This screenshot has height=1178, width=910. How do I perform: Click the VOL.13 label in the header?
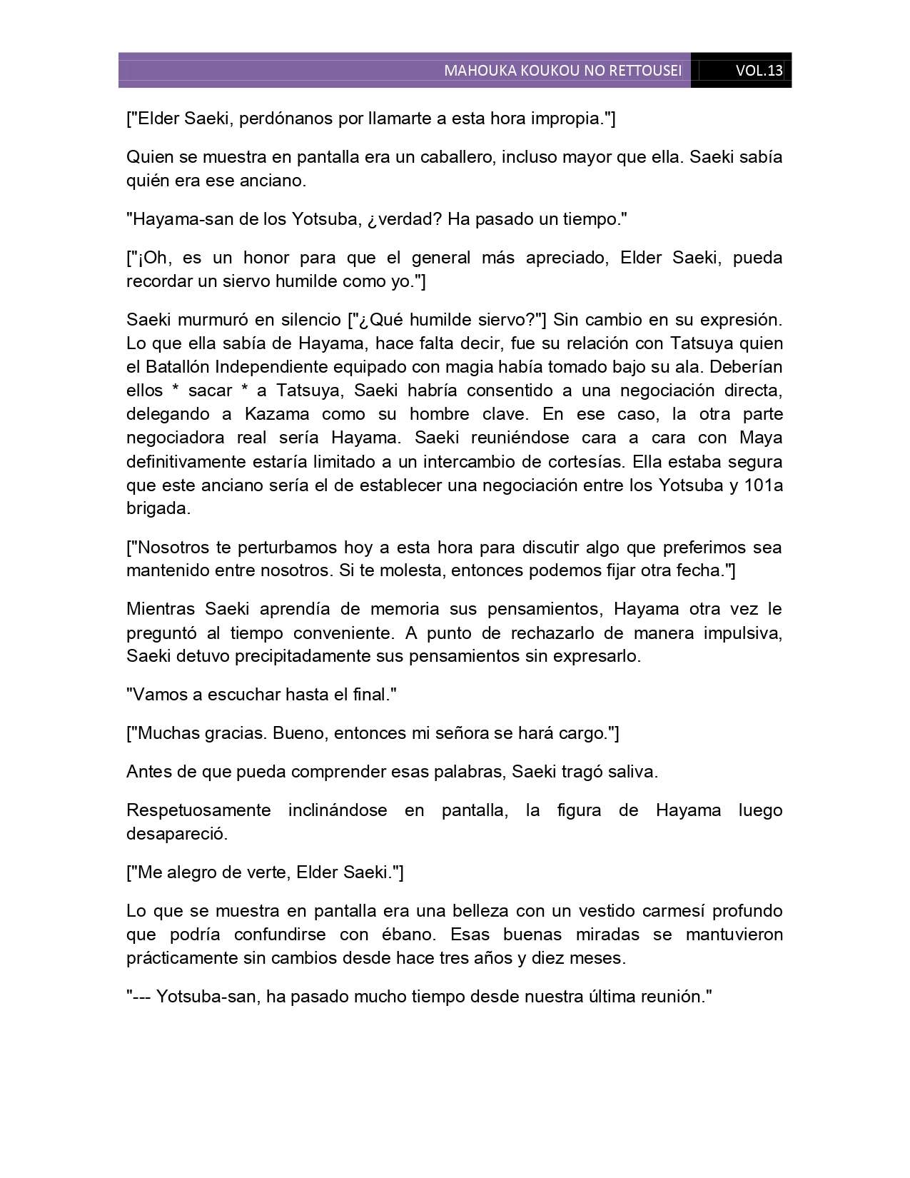(759, 71)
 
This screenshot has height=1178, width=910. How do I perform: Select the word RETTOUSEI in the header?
(647, 71)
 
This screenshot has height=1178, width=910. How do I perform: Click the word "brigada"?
(158, 509)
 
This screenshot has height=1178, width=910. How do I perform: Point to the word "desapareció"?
(176, 833)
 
